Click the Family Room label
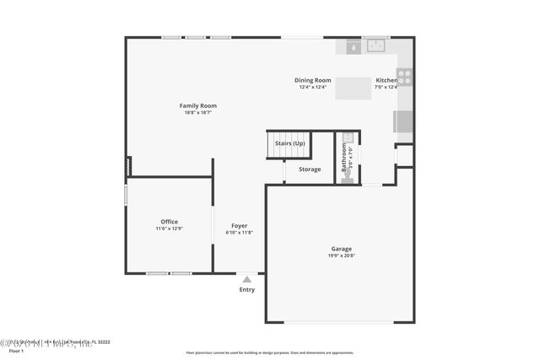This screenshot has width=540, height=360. pyautogui.click(x=197, y=105)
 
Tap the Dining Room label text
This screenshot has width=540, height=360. pyautogui.click(x=312, y=80)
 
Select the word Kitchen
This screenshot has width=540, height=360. pyautogui.click(x=386, y=80)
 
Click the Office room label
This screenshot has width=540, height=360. pyautogui.click(x=169, y=222)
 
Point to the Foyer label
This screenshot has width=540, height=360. pyautogui.click(x=239, y=226)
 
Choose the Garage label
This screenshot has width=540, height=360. pyautogui.click(x=341, y=249)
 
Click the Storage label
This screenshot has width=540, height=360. pyautogui.click(x=310, y=169)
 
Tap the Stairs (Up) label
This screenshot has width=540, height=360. pyautogui.click(x=289, y=143)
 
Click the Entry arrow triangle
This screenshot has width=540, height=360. pyautogui.click(x=246, y=279)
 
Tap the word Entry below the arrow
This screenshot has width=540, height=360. pyautogui.click(x=246, y=290)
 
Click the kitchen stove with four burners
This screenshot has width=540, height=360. pyautogui.click(x=404, y=77)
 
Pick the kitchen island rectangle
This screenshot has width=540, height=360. pyautogui.click(x=354, y=88)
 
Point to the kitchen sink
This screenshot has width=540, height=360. pyautogui.click(x=374, y=46)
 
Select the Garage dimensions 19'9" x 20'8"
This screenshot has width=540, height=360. pyautogui.click(x=341, y=255)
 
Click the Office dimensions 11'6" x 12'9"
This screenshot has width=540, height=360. pyautogui.click(x=169, y=228)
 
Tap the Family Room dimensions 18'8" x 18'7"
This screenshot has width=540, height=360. pyautogui.click(x=197, y=112)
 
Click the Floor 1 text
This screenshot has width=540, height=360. pyautogui.click(x=16, y=350)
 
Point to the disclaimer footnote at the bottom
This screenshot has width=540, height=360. pyautogui.click(x=270, y=352)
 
